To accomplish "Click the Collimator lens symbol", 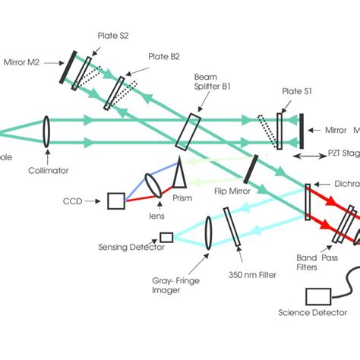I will click(x=47, y=130).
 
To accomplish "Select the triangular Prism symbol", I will click(x=181, y=175).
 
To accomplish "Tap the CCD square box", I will click(x=115, y=201).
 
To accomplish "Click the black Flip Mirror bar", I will click(x=251, y=169).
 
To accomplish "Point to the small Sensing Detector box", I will click(x=166, y=238).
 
